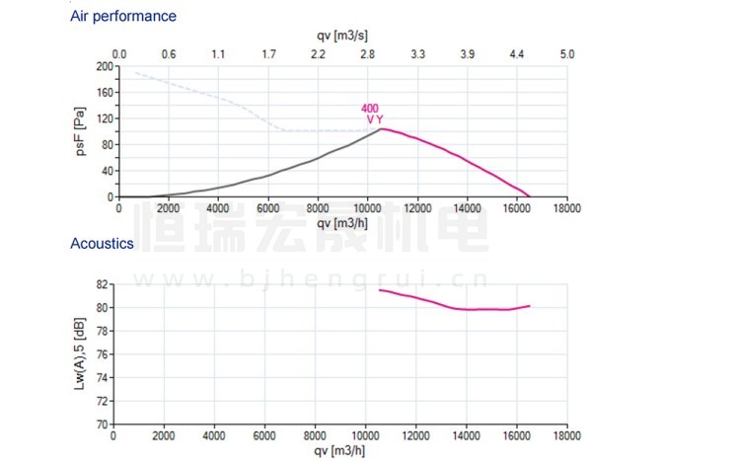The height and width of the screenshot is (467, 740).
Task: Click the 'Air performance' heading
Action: (123, 17)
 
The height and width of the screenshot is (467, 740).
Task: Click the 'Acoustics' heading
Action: (103, 243)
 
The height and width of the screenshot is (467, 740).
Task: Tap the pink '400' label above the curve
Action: (369, 109)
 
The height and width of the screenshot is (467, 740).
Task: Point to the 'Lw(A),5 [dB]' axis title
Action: (79, 353)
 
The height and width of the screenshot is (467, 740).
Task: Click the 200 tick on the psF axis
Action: (105, 67)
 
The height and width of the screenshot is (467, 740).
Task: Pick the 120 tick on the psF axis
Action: (105, 118)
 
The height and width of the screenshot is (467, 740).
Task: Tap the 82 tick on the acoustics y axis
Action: (103, 283)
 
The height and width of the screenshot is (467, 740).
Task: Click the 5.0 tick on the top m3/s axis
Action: (566, 54)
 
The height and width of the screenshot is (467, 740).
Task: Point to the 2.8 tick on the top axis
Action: (367, 54)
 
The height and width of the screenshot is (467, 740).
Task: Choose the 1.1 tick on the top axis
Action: (218, 54)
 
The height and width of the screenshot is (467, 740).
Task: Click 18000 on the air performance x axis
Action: (566, 208)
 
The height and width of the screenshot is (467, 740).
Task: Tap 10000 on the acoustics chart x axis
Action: (366, 435)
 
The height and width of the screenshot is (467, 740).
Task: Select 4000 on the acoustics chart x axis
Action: (215, 435)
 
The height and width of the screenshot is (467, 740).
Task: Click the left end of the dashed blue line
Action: (135, 73)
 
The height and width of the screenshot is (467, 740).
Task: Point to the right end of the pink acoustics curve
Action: (530, 306)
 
